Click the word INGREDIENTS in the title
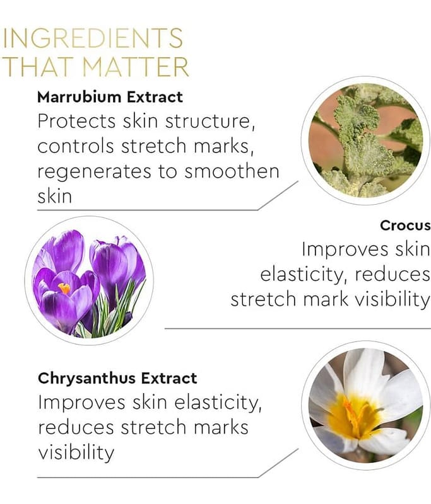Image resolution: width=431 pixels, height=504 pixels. click(x=93, y=38)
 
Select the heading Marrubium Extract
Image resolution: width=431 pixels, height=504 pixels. click(x=110, y=97)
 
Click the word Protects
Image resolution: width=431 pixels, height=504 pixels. click(x=76, y=121)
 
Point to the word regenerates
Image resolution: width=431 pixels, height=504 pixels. click(x=94, y=173)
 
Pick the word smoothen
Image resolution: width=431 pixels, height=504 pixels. click(x=232, y=171)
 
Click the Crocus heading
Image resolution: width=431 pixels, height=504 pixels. click(x=405, y=226)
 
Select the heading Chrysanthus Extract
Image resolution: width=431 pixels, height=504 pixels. click(x=117, y=378)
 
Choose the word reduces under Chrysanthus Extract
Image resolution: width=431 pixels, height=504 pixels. click(x=76, y=428)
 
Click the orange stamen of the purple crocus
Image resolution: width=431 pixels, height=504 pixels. click(x=64, y=289)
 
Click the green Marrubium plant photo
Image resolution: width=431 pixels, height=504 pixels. click(x=365, y=140)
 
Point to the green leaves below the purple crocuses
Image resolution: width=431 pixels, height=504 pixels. click(x=109, y=313)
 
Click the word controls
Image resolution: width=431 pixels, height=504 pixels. click(x=76, y=146)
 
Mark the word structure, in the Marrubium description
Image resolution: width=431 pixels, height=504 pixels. click(x=210, y=122)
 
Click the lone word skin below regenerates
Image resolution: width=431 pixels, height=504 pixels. click(x=54, y=196)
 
